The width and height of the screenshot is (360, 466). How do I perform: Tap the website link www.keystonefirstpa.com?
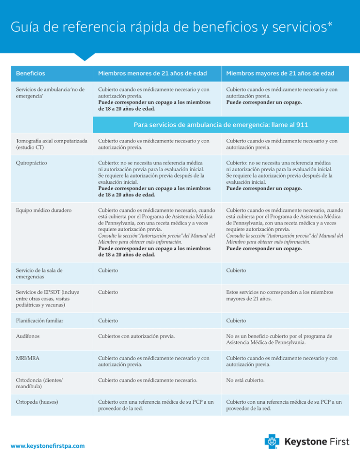pyautogui.click(x=48, y=445)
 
